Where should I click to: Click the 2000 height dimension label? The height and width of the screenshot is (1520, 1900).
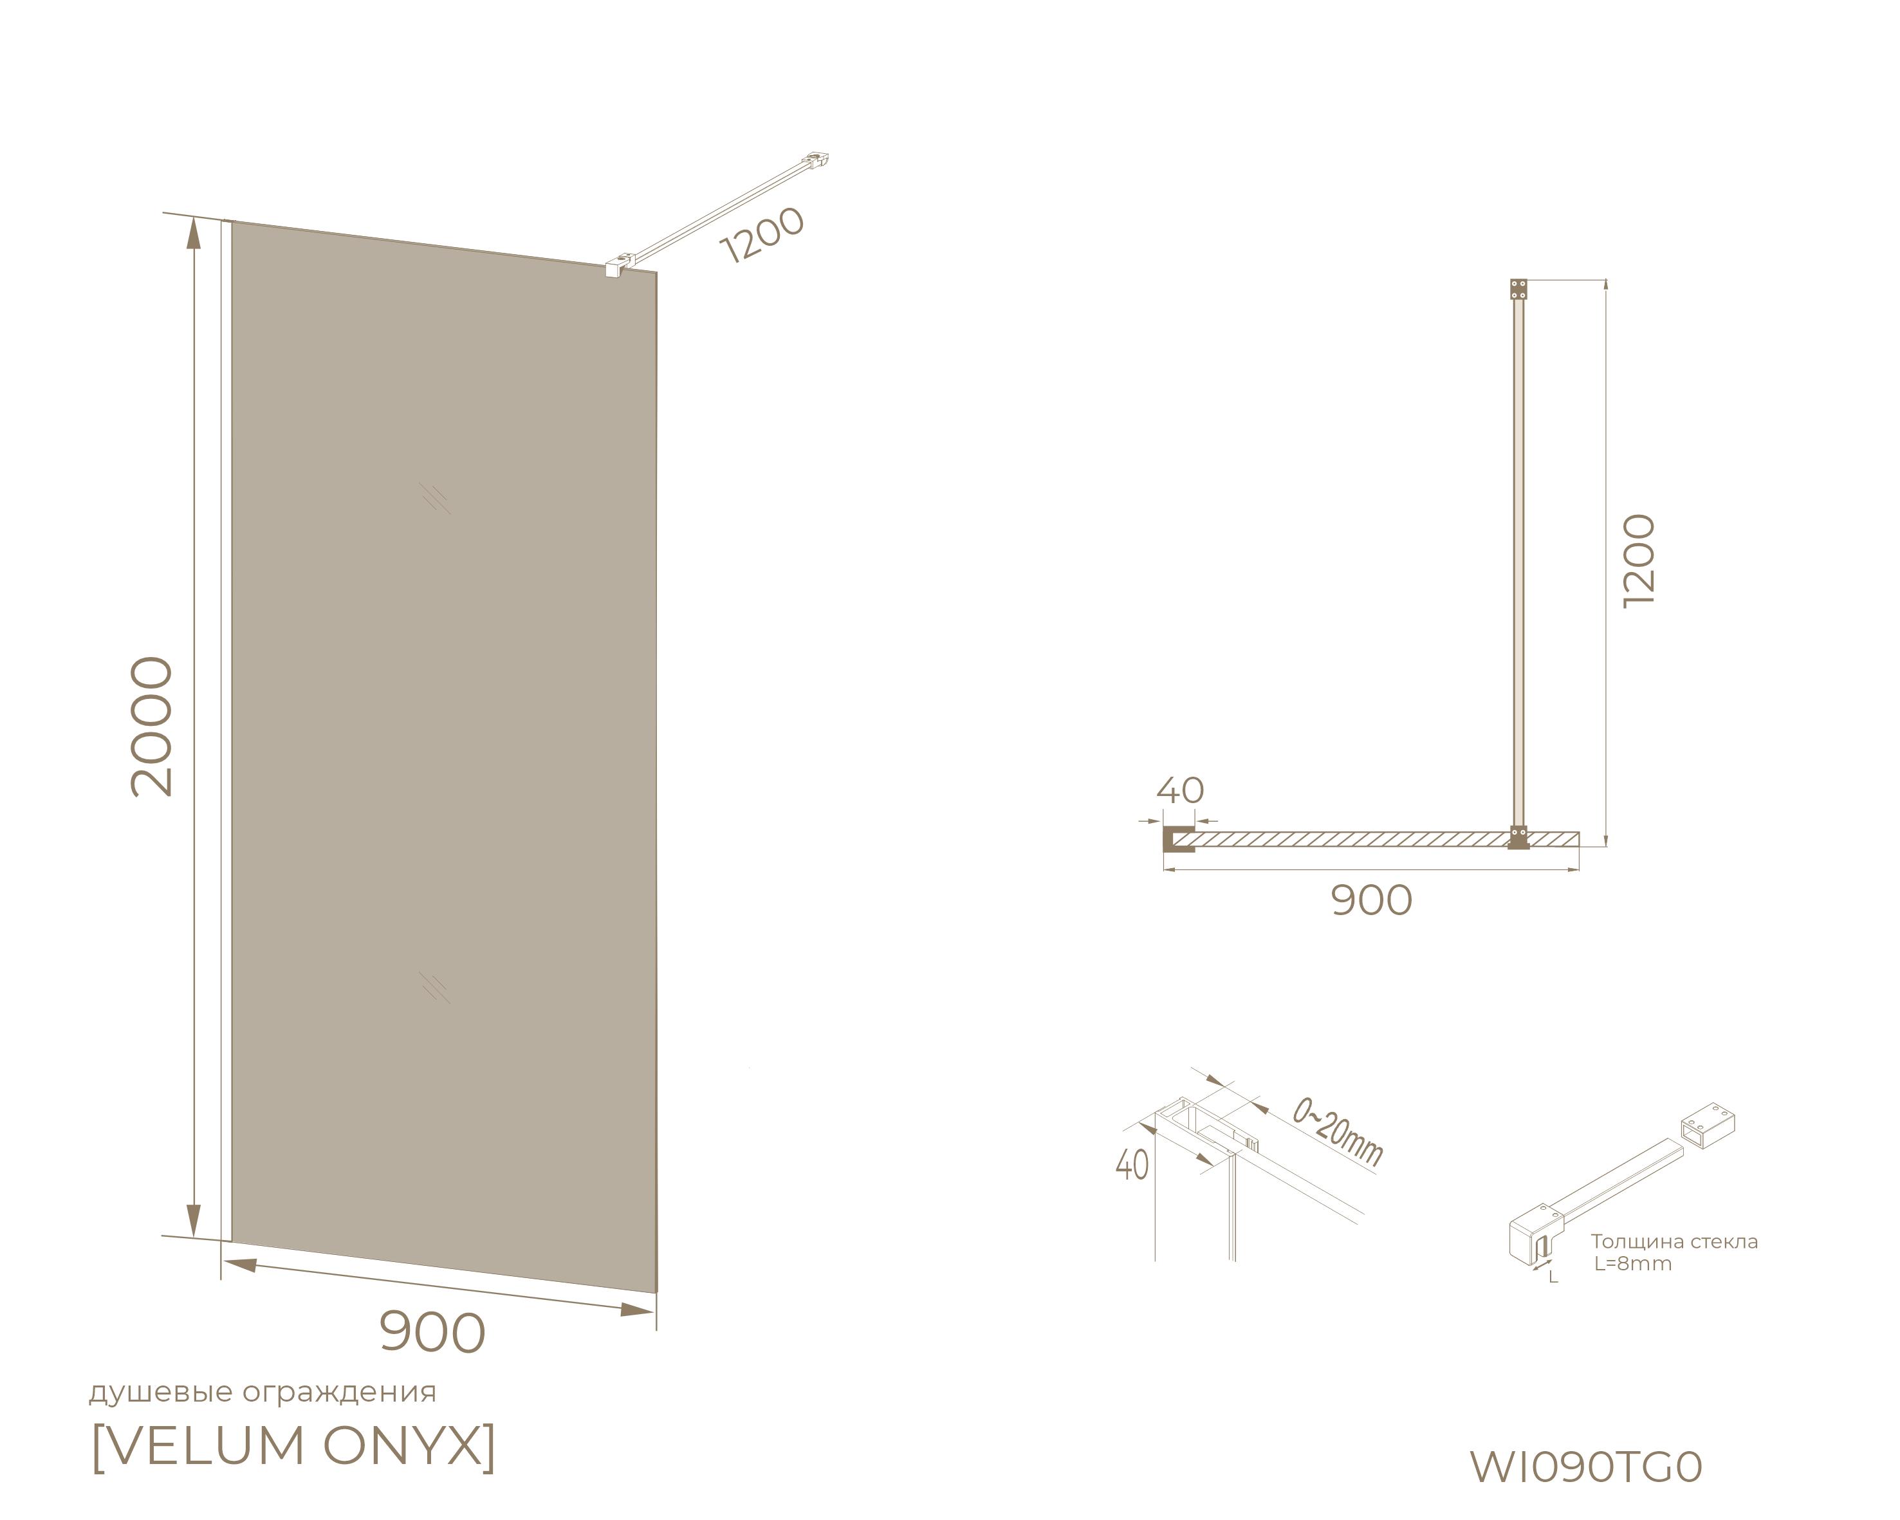pyautogui.click(x=152, y=727)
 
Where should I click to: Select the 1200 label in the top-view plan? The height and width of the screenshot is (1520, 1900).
pyautogui.click(x=1639, y=561)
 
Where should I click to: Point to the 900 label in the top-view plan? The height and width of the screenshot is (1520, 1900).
pyautogui.click(x=1371, y=900)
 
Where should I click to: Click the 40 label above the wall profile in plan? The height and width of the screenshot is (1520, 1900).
pyautogui.click(x=1180, y=790)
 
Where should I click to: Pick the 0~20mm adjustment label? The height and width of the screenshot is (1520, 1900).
pyautogui.click(x=1338, y=1133)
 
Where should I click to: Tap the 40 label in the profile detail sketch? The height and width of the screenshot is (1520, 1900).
pyautogui.click(x=1132, y=1165)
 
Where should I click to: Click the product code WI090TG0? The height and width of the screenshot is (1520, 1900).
pyautogui.click(x=1585, y=1467)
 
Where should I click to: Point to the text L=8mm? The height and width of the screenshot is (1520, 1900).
pyautogui.click(x=1633, y=1264)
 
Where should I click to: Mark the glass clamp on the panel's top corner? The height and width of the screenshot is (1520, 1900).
pyautogui.click(x=620, y=265)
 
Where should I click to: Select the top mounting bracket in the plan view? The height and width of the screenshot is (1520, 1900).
pyautogui.click(x=1518, y=289)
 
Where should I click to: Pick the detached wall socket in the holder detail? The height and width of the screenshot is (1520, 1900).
pyautogui.click(x=1708, y=1126)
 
